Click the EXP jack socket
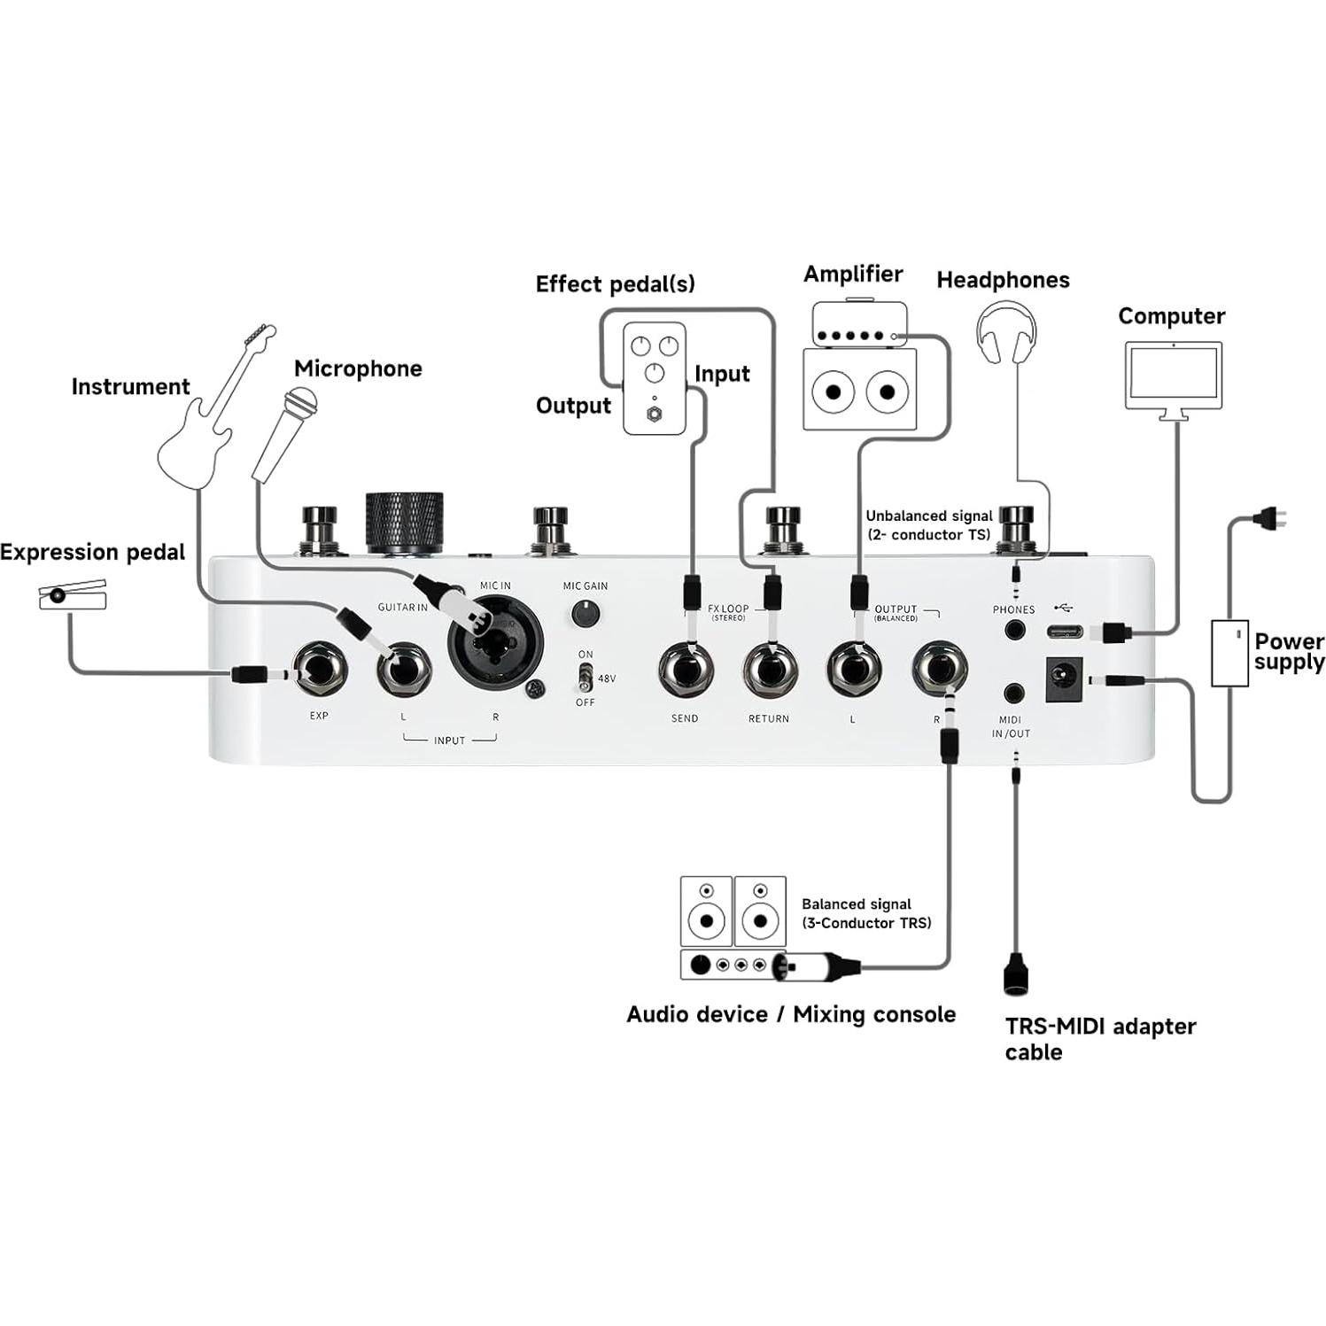point(320,671)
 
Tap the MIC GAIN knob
point(584,613)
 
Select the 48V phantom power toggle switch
point(585,679)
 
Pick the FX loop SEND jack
point(685,671)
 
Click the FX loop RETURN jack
point(770,671)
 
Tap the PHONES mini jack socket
point(1013,631)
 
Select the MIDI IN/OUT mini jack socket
point(1013,694)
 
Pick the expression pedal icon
point(73,596)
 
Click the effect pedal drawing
point(654,378)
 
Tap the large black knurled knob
point(405,522)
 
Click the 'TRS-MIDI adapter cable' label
point(1099,1038)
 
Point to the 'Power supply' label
point(1288,651)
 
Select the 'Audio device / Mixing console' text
point(790,1014)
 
